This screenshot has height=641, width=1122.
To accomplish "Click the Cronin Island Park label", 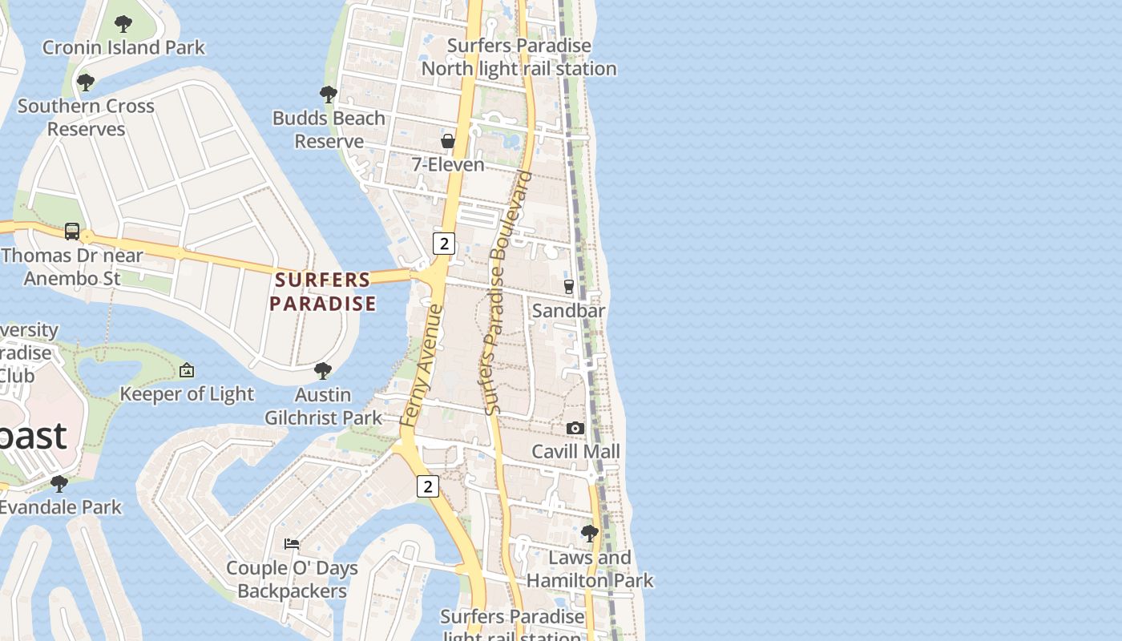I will coord(123,48).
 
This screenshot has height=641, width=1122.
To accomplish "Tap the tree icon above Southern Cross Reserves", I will coord(86,82).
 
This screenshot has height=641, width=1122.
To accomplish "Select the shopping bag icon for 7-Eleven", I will coord(448,141).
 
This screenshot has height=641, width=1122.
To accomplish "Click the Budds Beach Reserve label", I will coord(329,130).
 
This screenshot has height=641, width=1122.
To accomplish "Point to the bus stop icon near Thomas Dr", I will coord(72,232).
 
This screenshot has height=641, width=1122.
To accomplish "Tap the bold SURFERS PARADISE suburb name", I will coord(322,292).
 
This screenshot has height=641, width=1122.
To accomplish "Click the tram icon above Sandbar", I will coord(569,287).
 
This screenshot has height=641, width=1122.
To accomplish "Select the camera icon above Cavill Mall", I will coord(575,429).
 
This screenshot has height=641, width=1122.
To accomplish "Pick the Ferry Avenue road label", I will coord(422,365).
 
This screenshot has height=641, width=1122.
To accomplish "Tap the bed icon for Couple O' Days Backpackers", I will coord(292,543).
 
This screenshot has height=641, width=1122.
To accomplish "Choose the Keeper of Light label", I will coord(187,394).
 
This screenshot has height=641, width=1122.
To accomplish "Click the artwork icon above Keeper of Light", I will coord(187,370).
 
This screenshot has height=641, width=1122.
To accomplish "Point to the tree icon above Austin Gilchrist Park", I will coord(323,371).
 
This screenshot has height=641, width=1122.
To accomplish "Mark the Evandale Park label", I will coord(60,507).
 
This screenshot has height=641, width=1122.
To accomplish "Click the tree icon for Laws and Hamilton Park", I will coord(590,534).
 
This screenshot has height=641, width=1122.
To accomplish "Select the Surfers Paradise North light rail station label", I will coord(519,58).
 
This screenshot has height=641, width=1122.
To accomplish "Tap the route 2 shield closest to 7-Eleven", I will coord(443,243).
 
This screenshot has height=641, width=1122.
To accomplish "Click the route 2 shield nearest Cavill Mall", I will coord(428,486).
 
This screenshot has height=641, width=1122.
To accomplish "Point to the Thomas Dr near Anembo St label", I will coord(72,267).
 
